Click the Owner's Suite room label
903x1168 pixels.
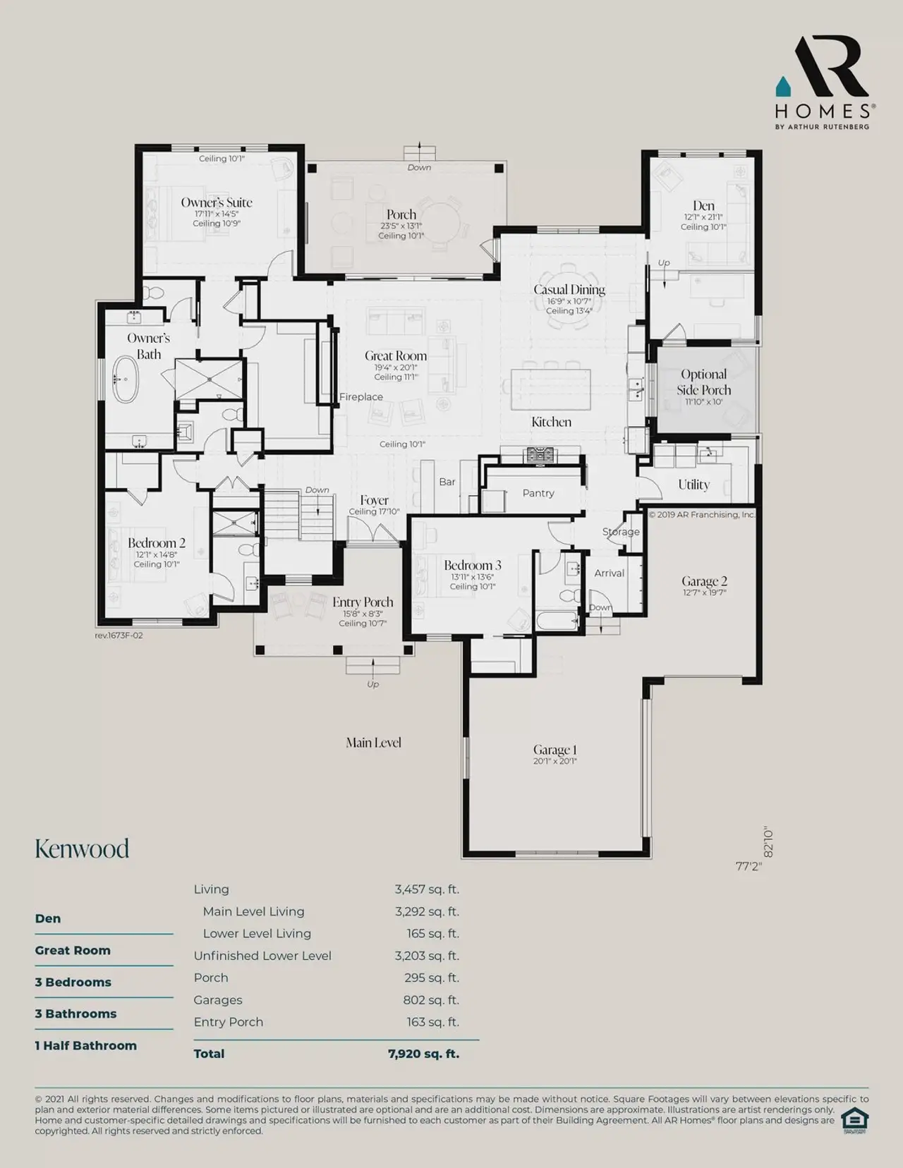click(217, 202)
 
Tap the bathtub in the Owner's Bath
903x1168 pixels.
click(126, 379)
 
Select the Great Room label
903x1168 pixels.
click(396, 356)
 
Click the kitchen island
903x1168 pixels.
click(550, 389)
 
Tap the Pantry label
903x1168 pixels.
click(538, 493)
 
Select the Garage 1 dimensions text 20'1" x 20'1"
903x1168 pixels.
click(554, 761)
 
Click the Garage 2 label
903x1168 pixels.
click(704, 581)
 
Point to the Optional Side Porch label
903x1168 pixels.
click(703, 382)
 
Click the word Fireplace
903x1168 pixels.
click(360, 397)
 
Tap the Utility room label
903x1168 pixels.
click(693, 485)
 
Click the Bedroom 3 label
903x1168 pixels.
click(472, 565)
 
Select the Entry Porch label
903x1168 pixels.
click(363, 602)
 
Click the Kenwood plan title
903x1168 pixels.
click(82, 848)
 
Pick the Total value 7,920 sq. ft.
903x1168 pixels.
click(423, 1054)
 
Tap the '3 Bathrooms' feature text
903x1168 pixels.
click(75, 1014)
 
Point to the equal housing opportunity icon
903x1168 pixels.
click(854, 1120)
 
